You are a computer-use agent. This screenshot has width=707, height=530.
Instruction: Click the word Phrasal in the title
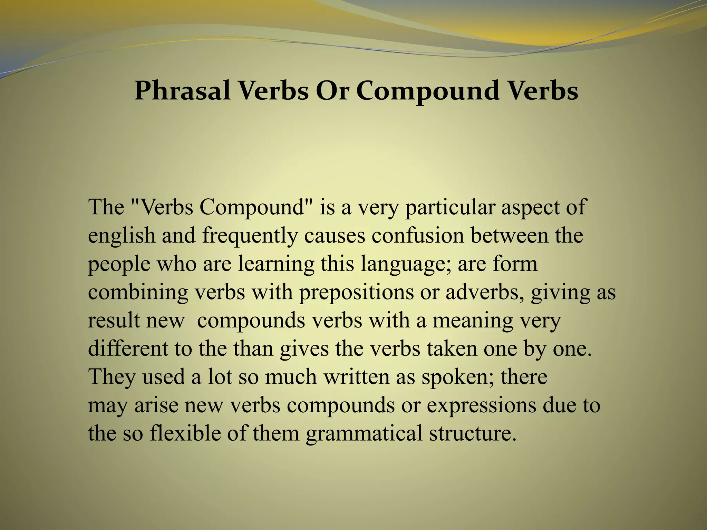pos(183,91)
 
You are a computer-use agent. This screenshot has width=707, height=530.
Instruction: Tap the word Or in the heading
pos(333,91)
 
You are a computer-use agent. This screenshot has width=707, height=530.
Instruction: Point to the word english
pos(122,236)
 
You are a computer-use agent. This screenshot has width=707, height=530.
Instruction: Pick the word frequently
pos(250,237)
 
